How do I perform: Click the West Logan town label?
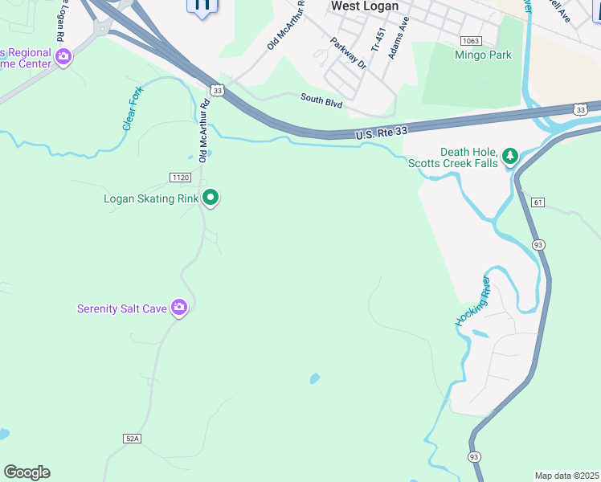pyautogui.click(x=365, y=6)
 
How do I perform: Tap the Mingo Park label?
pyautogui.click(x=483, y=55)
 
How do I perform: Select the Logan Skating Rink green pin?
pyautogui.click(x=211, y=197)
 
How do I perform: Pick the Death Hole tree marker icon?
pyautogui.click(x=509, y=156)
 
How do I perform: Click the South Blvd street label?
pyautogui.click(x=322, y=100)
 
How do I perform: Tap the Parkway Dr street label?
pyautogui.click(x=348, y=51)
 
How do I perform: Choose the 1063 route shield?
pyautogui.click(x=471, y=40)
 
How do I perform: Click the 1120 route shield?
pyautogui.click(x=180, y=177)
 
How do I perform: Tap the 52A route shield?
pyautogui.click(x=133, y=438)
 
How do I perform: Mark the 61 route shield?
pyautogui.click(x=538, y=203)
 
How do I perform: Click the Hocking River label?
pyautogui.click(x=473, y=300)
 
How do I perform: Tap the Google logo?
pyautogui.click(x=27, y=472)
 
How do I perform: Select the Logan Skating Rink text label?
pyautogui.click(x=151, y=198)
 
